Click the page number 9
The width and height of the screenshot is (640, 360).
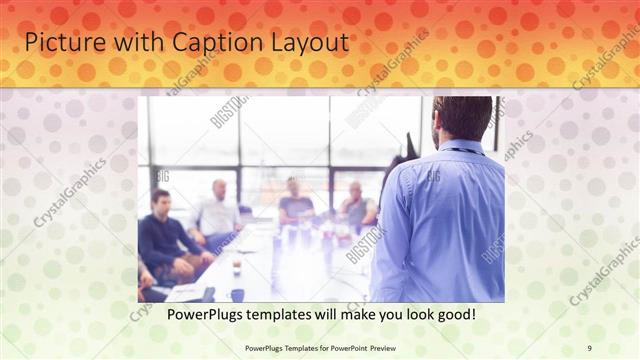pos(590,347)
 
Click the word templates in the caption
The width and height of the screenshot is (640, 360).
pos(289,315)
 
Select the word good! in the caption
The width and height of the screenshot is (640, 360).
pos(453,315)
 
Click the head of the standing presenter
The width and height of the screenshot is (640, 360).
pos(461,118)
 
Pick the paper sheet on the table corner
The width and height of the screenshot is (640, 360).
pos(186,293)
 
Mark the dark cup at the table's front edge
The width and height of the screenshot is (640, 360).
pos(236,294)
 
